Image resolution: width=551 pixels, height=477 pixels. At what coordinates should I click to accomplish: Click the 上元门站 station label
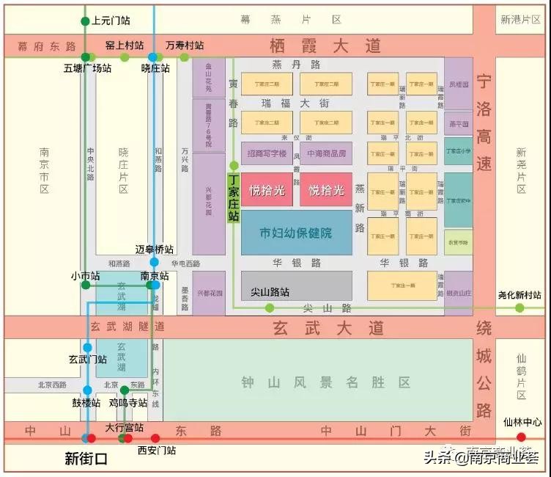(111, 21)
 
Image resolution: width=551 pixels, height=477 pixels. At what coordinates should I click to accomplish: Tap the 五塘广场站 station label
(87, 68)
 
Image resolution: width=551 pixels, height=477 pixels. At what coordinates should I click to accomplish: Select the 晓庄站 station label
(155, 68)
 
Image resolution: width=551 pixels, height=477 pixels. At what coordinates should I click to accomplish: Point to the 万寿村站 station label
(184, 45)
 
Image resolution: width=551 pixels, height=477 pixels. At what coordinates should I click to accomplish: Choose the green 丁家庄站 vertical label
(233, 197)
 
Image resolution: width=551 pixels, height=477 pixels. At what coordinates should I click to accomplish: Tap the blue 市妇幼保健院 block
(296, 233)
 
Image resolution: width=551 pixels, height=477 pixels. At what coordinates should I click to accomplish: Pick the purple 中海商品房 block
(325, 153)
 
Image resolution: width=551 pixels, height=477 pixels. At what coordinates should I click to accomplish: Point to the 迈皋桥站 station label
(155, 250)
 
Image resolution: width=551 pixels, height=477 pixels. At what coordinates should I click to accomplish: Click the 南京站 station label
(155, 276)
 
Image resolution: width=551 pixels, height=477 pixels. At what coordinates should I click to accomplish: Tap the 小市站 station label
(85, 276)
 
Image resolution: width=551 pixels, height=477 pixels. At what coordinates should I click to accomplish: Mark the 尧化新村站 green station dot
(519, 307)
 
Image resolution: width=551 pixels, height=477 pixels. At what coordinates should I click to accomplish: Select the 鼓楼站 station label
(85, 402)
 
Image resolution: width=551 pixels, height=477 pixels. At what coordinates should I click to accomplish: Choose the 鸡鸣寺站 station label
(128, 402)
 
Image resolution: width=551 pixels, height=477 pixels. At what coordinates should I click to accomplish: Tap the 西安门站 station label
(157, 450)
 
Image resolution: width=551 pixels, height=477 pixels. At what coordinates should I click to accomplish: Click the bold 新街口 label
(86, 459)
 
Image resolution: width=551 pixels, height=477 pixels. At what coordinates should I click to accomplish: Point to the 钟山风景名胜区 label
(325, 382)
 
